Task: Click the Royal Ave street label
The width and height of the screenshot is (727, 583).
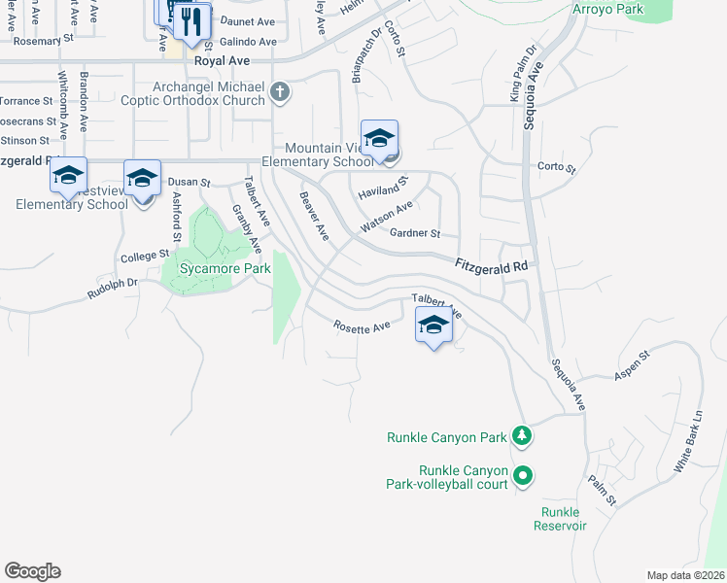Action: click(223, 60)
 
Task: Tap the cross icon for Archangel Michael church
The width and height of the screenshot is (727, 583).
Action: click(279, 92)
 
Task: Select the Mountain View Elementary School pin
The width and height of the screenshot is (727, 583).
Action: click(379, 138)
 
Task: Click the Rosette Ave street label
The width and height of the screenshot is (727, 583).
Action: click(362, 327)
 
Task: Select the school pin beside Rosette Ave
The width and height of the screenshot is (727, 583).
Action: click(433, 325)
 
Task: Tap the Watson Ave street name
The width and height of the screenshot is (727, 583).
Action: click(387, 217)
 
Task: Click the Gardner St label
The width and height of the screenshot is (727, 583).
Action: click(415, 234)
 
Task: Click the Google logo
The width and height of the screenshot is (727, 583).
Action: click(32, 571)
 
